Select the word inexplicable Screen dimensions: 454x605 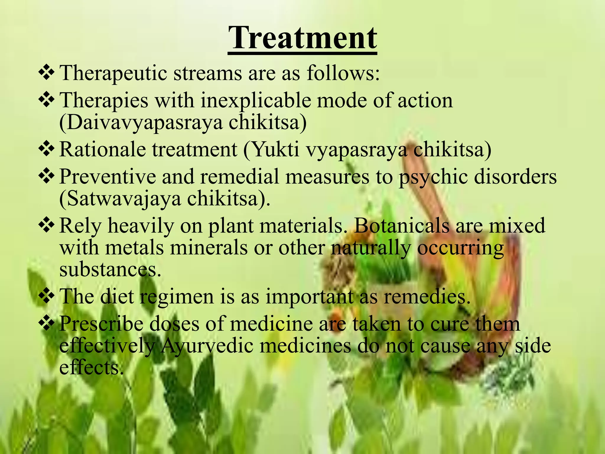tap(256, 100)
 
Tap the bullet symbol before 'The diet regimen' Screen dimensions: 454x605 tap(46, 296)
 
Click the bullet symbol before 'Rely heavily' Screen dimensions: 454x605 tap(46, 226)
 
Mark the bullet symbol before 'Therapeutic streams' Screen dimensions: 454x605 tap(46, 73)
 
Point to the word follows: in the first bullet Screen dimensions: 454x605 tap(343, 73)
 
